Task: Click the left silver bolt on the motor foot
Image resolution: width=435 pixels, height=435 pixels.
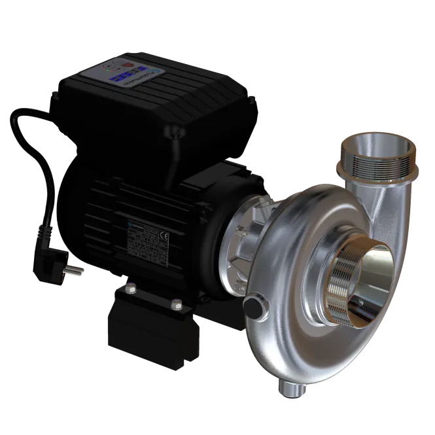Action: tap(131, 285)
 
